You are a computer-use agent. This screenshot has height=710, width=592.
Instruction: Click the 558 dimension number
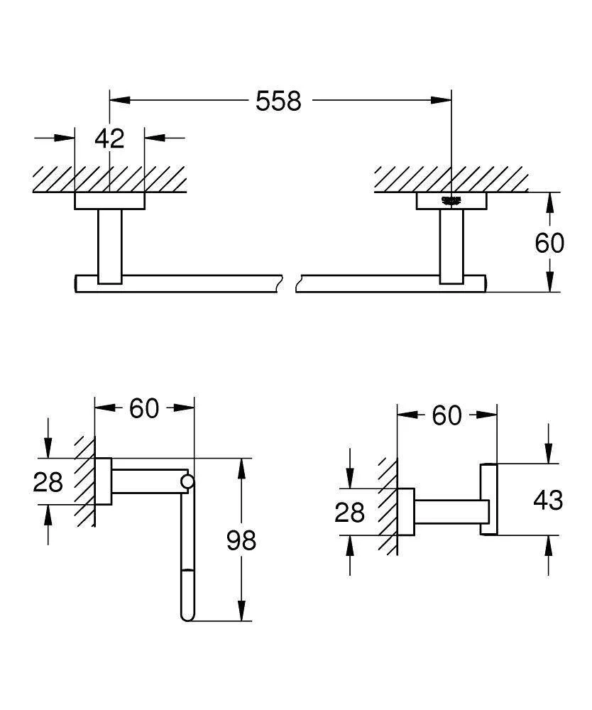click(x=278, y=101)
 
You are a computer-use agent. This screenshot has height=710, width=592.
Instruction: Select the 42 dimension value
click(x=109, y=138)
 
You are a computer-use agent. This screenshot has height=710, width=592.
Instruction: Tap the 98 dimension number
click(x=241, y=540)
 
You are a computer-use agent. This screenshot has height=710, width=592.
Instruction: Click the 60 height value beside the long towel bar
click(x=549, y=243)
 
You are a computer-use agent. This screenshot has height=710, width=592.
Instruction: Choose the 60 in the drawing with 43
click(x=447, y=415)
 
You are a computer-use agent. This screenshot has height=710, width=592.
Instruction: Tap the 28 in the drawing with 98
click(x=48, y=483)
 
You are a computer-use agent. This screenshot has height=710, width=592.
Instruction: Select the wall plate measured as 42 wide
click(x=109, y=202)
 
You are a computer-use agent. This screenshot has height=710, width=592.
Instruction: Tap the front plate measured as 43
click(x=490, y=498)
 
